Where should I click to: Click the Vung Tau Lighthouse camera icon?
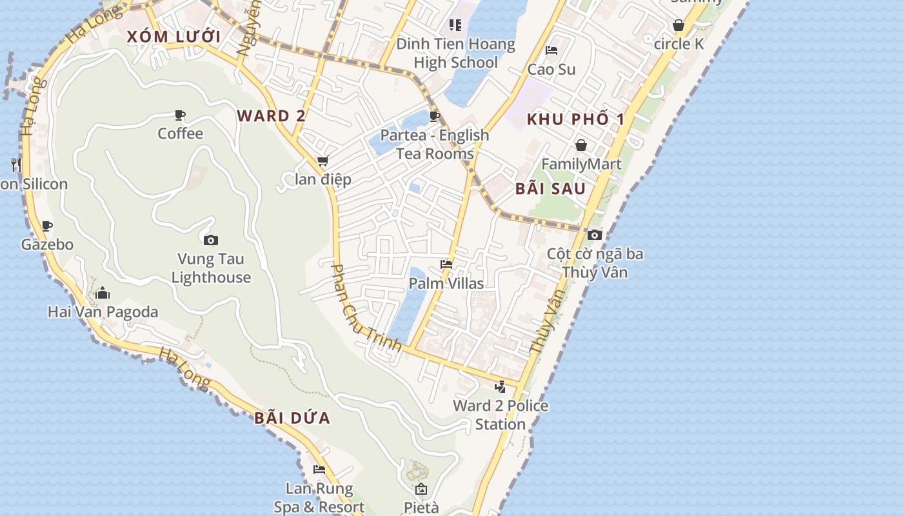point(211,241)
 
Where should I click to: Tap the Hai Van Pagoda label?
point(103,312)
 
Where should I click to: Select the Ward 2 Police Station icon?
point(500,387)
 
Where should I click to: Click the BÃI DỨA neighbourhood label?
point(292,418)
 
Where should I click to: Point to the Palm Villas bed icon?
point(446,264)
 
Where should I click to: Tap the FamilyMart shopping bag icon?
point(581,145)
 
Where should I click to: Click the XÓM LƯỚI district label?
point(174,37)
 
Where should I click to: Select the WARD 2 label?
point(271,116)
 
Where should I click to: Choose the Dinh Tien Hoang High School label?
point(456,54)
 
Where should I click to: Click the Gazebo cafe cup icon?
point(46,226)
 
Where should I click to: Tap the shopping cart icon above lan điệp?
point(322,161)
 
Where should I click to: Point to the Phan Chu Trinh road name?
point(366,308)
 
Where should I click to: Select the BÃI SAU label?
point(551,189)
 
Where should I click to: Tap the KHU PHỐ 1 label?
point(575,119)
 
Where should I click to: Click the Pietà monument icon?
point(421,489)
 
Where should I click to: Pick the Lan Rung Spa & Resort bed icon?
point(319,470)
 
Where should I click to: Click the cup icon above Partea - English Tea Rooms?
point(435,116)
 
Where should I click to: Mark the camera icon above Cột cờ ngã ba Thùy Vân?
point(595,235)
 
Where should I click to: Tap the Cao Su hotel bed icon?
point(551,50)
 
